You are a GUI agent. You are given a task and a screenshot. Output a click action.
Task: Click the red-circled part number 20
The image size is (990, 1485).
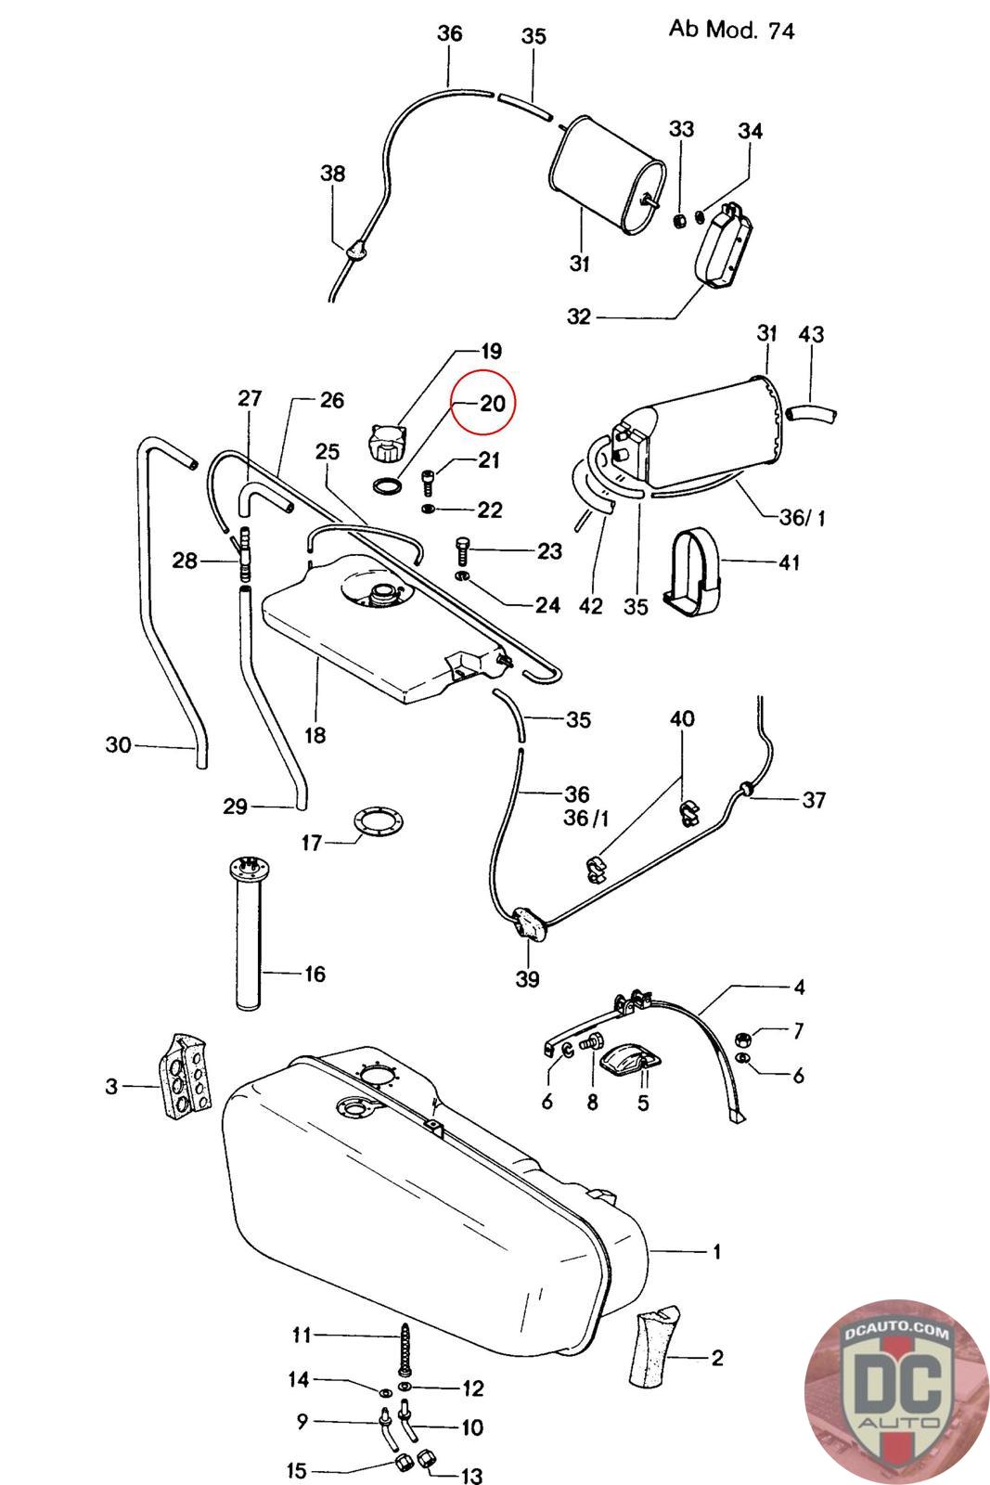click(x=493, y=403)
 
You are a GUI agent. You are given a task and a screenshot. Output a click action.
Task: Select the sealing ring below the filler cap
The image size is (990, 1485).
click(x=388, y=486)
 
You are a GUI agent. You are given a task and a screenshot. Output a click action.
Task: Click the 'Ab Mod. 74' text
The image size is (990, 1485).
click(x=731, y=30)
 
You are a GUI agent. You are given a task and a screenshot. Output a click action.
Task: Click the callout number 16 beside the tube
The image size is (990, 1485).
click(x=315, y=974)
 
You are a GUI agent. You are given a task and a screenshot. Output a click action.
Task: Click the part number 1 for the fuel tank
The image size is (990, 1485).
click(x=716, y=1252)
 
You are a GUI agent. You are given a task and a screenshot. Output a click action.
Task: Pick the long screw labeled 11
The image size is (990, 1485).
click(x=405, y=1349)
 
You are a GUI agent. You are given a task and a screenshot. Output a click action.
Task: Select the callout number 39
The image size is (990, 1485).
click(x=527, y=978)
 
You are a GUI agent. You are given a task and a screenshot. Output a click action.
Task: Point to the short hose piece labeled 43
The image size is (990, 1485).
click(x=811, y=416)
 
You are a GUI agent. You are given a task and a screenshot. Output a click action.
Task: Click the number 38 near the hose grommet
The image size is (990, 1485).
click(x=333, y=174)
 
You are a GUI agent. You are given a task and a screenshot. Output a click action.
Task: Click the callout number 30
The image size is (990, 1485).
click(x=119, y=744)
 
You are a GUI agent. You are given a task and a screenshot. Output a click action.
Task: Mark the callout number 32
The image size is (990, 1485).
click(x=578, y=316)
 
